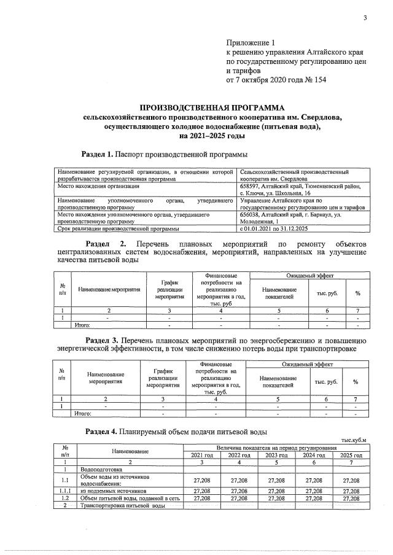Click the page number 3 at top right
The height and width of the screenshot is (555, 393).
pos(365,18)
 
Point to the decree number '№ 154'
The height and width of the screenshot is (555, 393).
pos(314,80)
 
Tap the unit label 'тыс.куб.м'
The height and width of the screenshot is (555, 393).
pos(352,440)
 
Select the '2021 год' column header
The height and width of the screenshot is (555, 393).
pos(201,455)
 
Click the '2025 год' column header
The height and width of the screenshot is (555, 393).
pos(352,455)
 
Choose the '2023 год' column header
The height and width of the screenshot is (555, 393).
pos(276,455)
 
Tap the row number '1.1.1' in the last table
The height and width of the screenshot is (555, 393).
pos(65,491)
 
